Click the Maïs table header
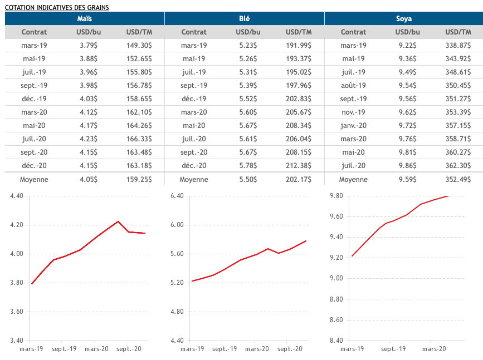[x=85, y=18]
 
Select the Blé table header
[x=244, y=18]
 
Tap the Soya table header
[x=404, y=18]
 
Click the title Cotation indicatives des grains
[x=57, y=7]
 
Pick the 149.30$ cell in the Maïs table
[x=139, y=46]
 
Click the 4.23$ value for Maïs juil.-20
[x=87, y=139]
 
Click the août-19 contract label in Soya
[x=353, y=86]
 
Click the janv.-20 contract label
[x=353, y=126]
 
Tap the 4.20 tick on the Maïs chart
[x=15, y=225]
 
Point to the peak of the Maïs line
[x=118, y=221]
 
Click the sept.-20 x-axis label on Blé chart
[x=289, y=349]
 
